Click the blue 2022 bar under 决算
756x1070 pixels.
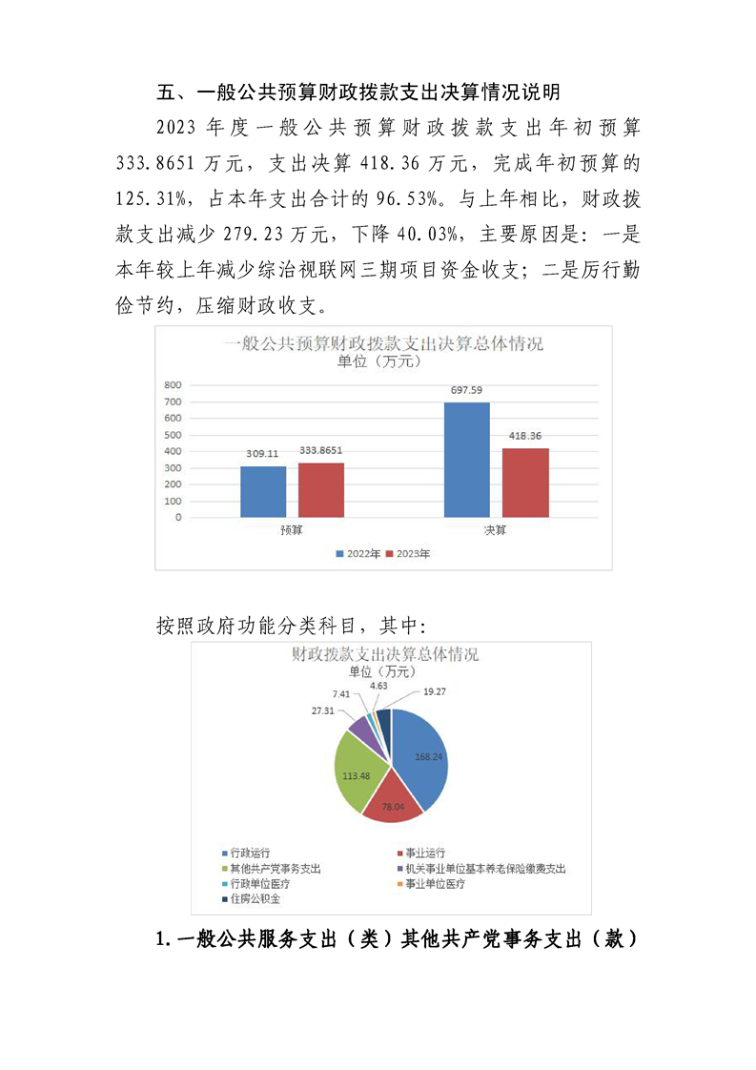[x=466, y=460]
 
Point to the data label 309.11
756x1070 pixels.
[x=262, y=456]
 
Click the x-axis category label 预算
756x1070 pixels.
[x=292, y=530]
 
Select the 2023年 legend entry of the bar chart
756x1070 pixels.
[x=410, y=554]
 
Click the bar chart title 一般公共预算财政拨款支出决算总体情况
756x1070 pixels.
[x=383, y=343]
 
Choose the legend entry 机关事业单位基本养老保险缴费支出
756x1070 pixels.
[x=484, y=869]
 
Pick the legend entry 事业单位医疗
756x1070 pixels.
[x=435, y=884]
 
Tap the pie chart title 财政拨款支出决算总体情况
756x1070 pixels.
[x=384, y=655]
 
